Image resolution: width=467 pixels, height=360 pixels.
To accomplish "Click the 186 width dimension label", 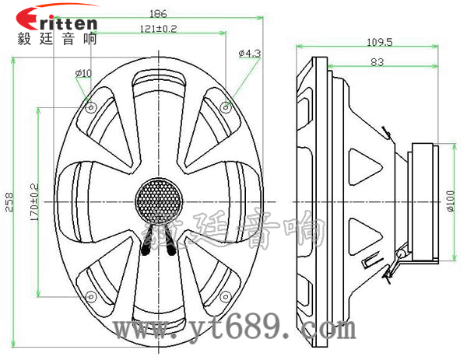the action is (158, 13).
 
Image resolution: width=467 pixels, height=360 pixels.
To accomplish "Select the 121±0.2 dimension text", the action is (158, 29).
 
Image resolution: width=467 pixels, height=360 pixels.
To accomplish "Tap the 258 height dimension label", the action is (9, 202).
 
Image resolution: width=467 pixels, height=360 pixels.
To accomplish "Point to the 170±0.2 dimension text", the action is (35, 202).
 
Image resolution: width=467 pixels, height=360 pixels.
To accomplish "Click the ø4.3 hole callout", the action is (250, 53).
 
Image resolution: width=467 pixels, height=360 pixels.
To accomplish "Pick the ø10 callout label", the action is (83, 73).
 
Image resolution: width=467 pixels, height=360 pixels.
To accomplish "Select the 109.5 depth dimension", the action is (379, 42).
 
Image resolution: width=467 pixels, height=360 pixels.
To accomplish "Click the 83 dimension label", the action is (377, 62).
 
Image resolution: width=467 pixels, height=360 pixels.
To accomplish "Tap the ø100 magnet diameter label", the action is (451, 201).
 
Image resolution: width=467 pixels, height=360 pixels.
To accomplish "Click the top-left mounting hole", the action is (91, 107).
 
